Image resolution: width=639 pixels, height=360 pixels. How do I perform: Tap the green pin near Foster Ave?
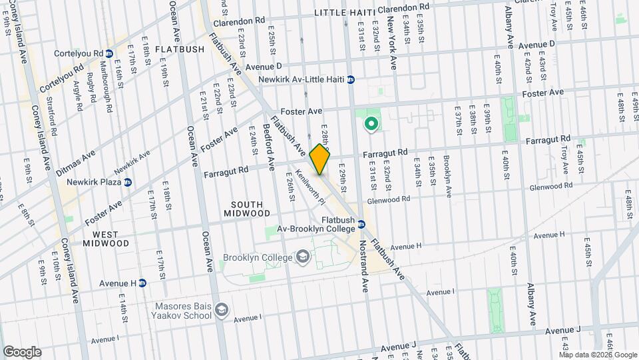click(x=371, y=124)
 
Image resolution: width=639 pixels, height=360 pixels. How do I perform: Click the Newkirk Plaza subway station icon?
click(x=128, y=182)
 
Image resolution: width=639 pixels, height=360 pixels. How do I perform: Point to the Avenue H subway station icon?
click(x=143, y=283)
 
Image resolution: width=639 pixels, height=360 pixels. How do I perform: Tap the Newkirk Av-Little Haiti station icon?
click(x=351, y=79)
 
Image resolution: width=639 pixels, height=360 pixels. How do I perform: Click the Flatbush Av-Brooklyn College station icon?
click(x=361, y=224)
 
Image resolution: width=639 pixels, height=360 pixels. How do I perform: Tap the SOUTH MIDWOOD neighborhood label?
click(x=242, y=208)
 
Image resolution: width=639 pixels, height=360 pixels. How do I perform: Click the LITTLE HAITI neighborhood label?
click(x=340, y=13)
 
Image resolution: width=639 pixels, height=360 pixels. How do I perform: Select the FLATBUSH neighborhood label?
click(x=179, y=49)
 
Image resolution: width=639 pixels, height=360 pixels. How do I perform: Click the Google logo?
click(x=22, y=351)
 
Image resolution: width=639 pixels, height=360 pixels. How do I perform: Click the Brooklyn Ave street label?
click(x=448, y=176)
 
